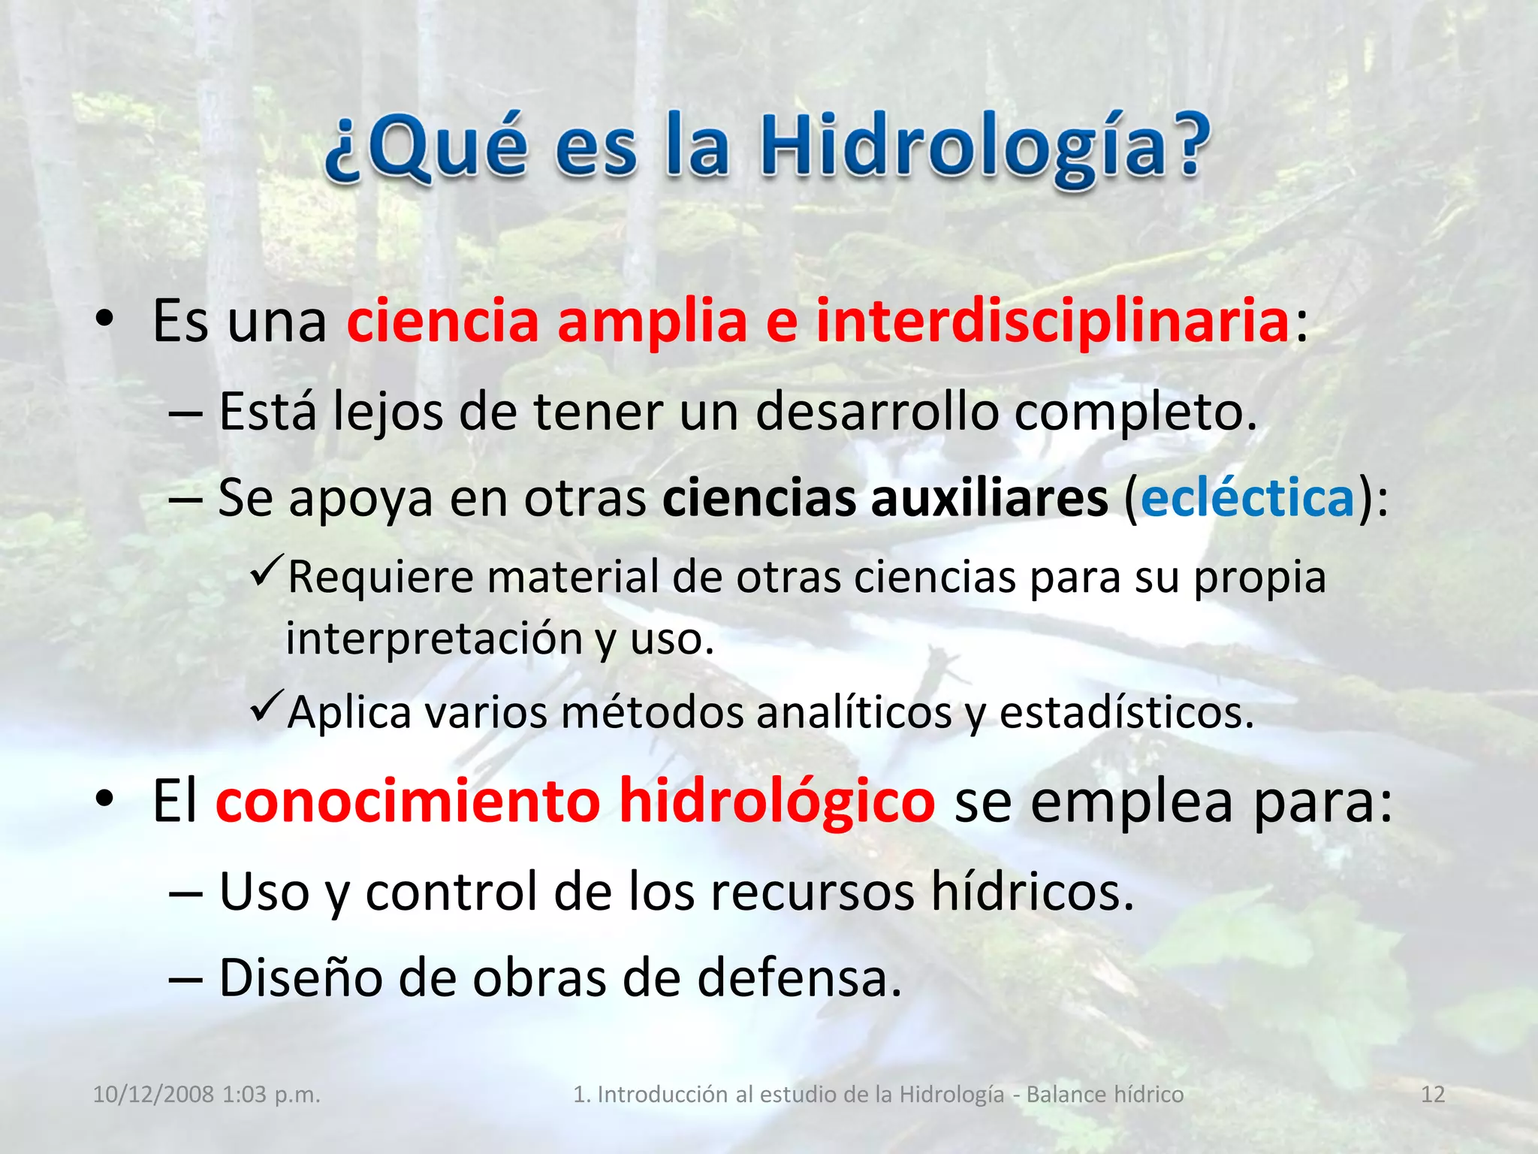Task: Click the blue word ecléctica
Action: [x=1247, y=498]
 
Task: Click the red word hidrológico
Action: [x=777, y=802]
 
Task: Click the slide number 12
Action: [x=1433, y=1095]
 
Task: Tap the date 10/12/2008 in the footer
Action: [x=153, y=1095]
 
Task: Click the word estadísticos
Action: [x=1126, y=712]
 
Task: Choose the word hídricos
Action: [x=1032, y=892]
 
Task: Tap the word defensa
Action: [x=799, y=978]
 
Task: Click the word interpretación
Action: [x=434, y=639]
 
